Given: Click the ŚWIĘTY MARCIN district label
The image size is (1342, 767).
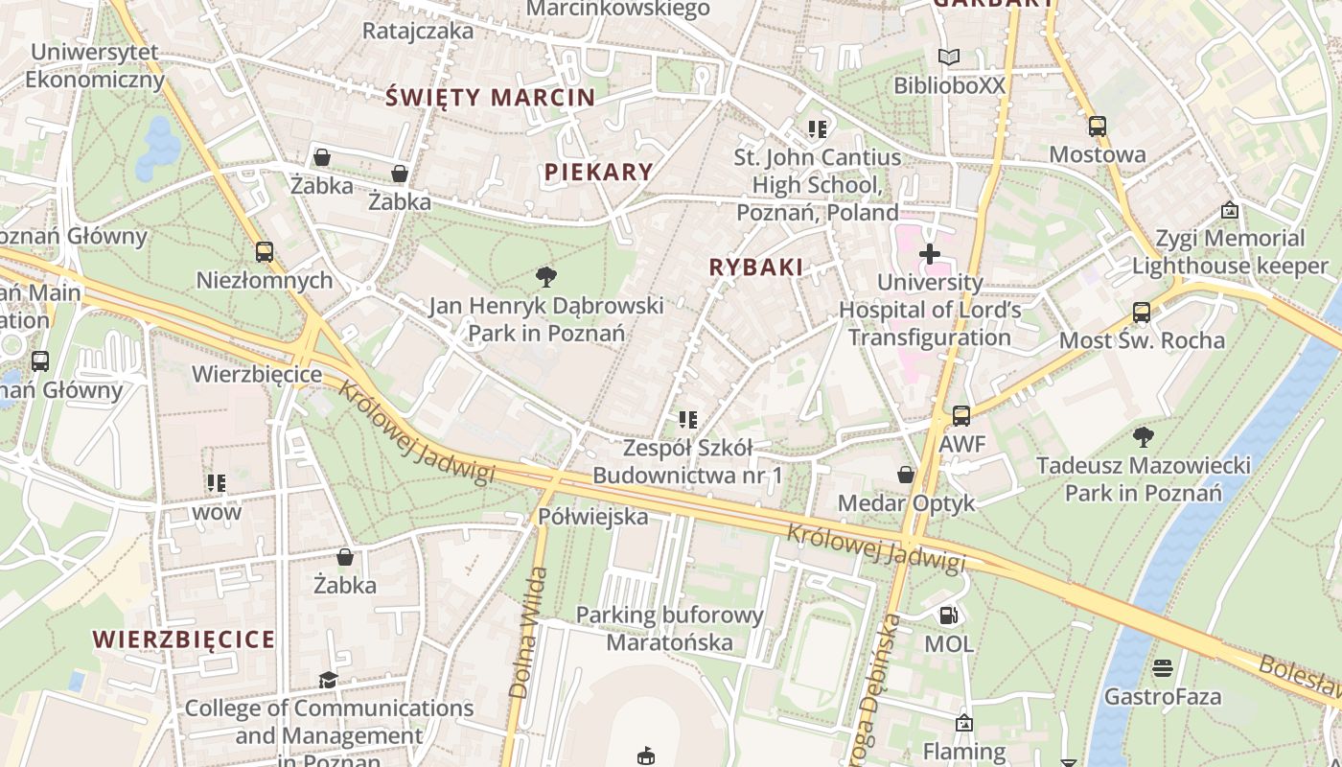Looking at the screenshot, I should click(x=490, y=97).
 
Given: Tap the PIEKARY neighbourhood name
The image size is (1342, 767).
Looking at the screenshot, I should click(x=599, y=173).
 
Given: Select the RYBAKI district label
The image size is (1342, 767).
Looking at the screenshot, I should click(x=755, y=267).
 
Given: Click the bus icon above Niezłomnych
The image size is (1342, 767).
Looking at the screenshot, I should click(x=264, y=252).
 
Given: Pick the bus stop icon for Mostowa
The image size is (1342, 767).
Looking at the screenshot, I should click(x=1097, y=127).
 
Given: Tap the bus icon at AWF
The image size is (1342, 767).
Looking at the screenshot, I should click(x=960, y=416).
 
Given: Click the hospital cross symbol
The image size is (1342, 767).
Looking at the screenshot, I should click(x=929, y=254).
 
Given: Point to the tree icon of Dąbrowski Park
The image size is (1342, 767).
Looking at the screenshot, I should click(x=546, y=278).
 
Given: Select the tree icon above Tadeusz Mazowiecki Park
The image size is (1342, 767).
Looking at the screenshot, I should click(x=1143, y=437).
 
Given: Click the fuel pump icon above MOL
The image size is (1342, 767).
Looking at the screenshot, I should click(x=948, y=616).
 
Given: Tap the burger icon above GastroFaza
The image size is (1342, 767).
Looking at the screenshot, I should click(x=1163, y=668).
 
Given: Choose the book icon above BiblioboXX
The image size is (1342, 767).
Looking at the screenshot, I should click(x=948, y=58).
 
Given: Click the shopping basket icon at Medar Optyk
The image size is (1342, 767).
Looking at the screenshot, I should click(x=905, y=475).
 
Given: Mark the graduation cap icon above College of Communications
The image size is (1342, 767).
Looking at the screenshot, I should click(x=328, y=680).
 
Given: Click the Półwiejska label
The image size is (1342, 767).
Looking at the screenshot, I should click(x=592, y=517).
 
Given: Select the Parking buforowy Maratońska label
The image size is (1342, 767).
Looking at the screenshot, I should click(x=670, y=628).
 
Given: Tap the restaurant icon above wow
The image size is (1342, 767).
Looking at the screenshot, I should click(x=217, y=483).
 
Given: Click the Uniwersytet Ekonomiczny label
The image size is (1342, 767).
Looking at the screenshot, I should click(x=95, y=65).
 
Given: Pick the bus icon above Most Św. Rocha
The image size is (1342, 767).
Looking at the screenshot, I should click(x=1141, y=313).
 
